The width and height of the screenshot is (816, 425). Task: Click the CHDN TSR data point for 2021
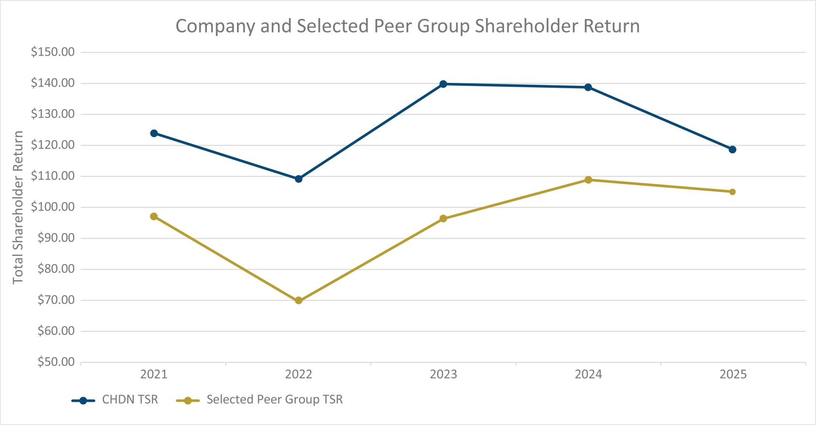[x=154, y=133]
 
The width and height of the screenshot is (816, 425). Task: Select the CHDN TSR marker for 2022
[x=298, y=179]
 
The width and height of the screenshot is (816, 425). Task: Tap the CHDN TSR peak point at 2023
[x=443, y=84]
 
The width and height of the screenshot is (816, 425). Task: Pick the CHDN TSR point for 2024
[x=588, y=87]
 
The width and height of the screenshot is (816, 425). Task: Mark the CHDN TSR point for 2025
[x=732, y=149]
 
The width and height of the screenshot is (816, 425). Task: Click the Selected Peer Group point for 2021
[x=154, y=216]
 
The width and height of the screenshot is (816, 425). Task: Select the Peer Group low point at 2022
[x=298, y=300]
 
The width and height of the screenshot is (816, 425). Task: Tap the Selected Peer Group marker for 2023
[x=443, y=219]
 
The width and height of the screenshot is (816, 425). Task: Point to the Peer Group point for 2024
[x=588, y=180]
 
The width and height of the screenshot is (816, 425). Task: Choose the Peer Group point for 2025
[x=732, y=192]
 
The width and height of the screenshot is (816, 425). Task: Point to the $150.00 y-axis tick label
[x=53, y=52]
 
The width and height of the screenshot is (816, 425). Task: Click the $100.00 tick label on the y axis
[x=53, y=207]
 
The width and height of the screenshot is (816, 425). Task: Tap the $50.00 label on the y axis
[x=56, y=362]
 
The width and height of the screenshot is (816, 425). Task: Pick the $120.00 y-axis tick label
[x=53, y=145]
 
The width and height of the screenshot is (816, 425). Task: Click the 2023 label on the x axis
[x=443, y=374]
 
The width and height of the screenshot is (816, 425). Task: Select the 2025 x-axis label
[x=733, y=374]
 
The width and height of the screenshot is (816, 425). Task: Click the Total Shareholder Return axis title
[x=18, y=207]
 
